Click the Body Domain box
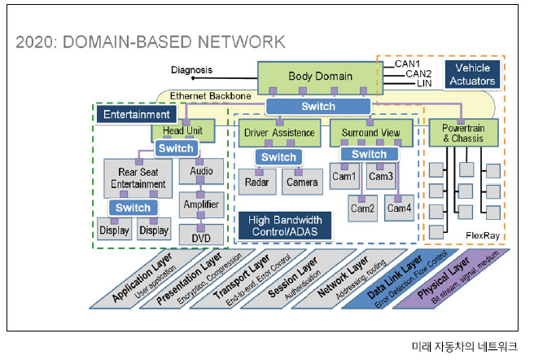(320, 77)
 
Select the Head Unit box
(182, 130)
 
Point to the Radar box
(257, 183)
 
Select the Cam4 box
(399, 209)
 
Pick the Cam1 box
(344, 176)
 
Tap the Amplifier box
(201, 204)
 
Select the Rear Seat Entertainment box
(133, 178)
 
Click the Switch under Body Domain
(317, 107)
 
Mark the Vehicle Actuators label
(472, 74)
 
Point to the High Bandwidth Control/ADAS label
(284, 226)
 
